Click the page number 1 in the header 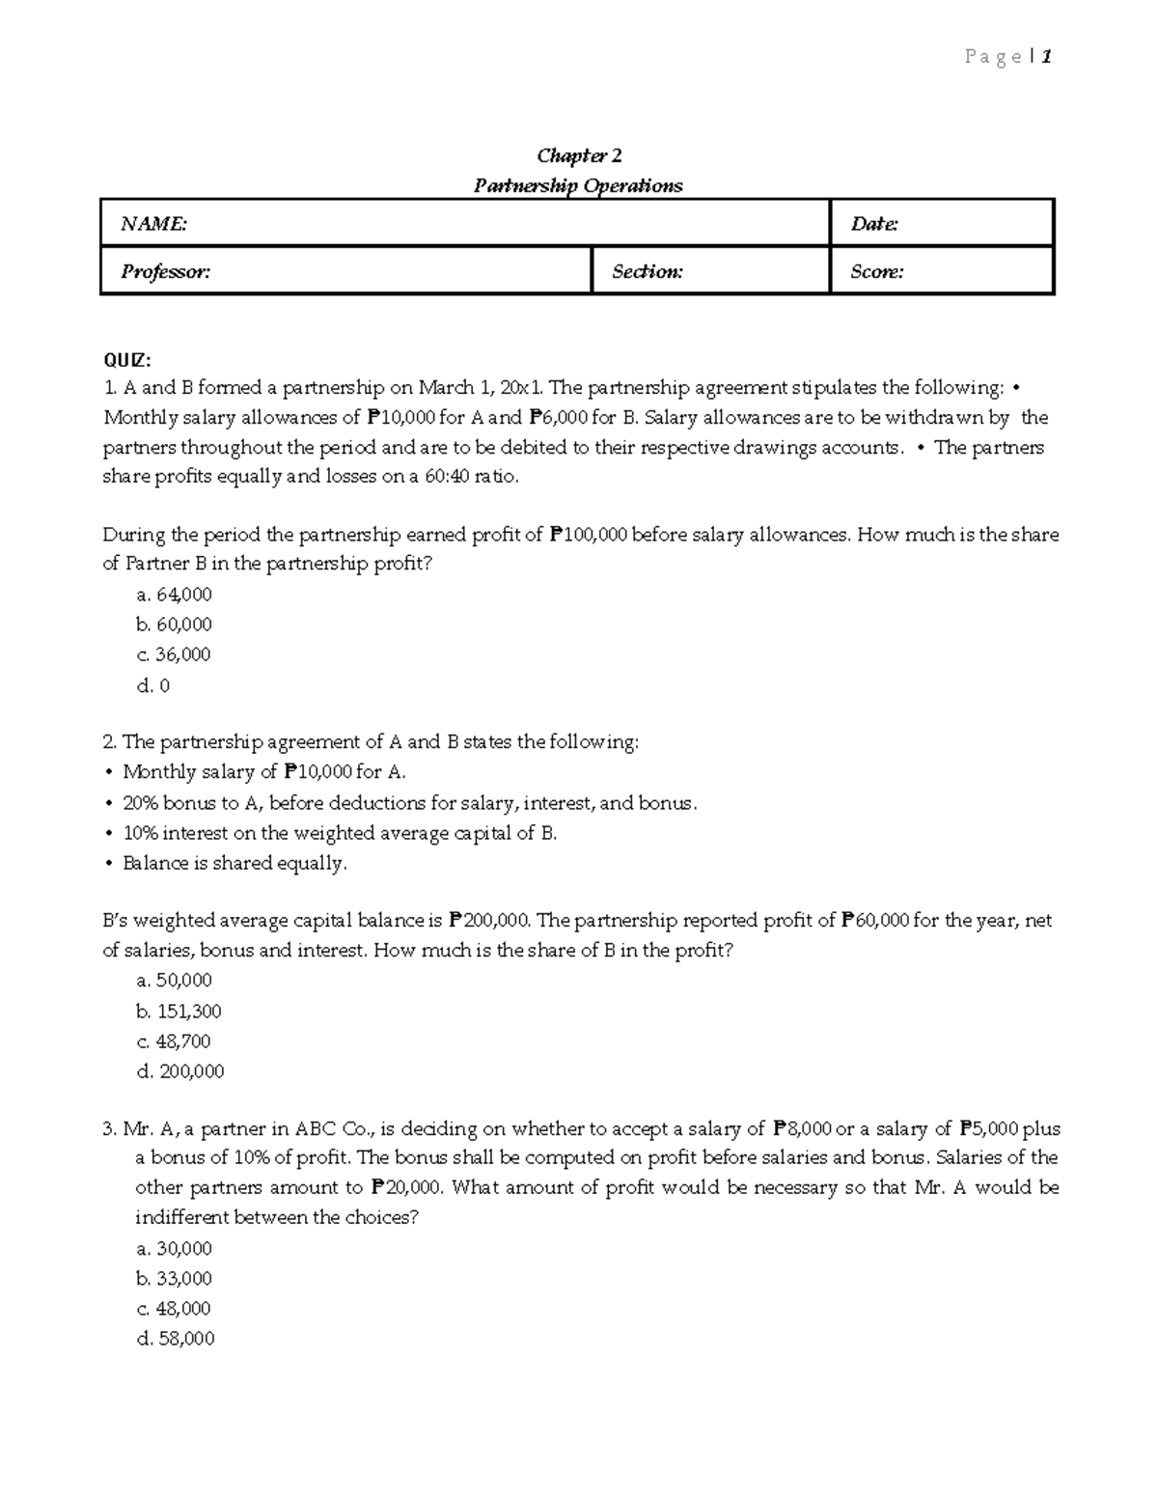tap(1046, 57)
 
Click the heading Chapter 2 tap(579, 155)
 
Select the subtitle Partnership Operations tap(578, 185)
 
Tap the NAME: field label tap(153, 224)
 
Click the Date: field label tap(874, 224)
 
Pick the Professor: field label tap(165, 271)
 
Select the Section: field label tap(648, 271)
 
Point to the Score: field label tap(877, 271)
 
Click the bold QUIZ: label tap(127, 360)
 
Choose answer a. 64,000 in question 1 tap(175, 595)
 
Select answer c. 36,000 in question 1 tap(174, 654)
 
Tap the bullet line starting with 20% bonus tap(409, 803)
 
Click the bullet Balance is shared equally tap(234, 863)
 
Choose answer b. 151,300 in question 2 tap(179, 1012)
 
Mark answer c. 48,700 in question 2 tap(174, 1041)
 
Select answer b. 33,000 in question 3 tap(175, 1279)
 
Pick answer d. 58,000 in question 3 tap(176, 1339)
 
